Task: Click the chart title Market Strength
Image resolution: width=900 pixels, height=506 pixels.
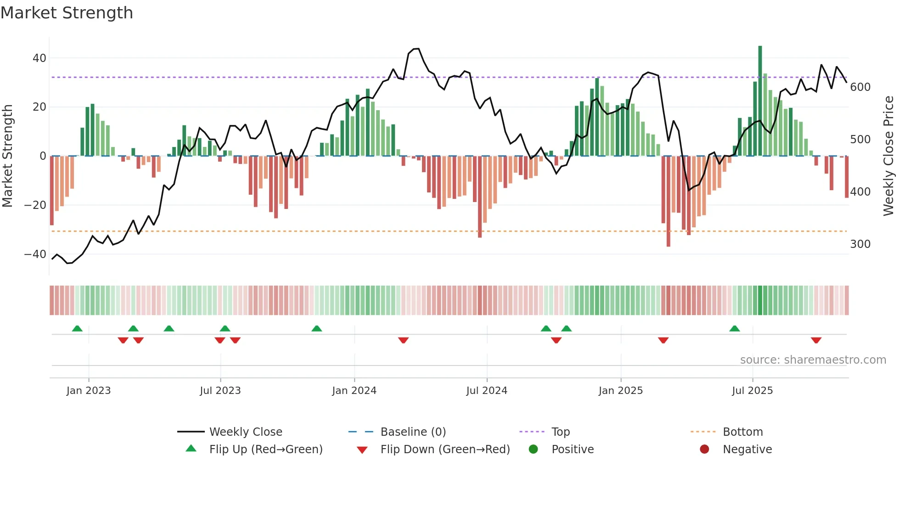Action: click(67, 13)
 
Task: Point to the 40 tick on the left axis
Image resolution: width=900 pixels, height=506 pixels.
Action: click(39, 58)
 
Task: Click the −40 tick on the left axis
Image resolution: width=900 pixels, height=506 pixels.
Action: click(35, 254)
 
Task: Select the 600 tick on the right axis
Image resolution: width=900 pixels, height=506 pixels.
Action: click(860, 87)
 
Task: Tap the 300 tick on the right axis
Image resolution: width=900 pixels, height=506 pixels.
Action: click(860, 244)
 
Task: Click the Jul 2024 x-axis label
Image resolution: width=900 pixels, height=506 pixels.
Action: click(487, 391)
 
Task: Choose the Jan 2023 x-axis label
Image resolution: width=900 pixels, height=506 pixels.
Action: click(89, 391)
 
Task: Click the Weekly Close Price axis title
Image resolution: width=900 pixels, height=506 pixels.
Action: click(889, 156)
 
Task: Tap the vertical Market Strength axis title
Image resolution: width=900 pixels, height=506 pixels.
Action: click(7, 156)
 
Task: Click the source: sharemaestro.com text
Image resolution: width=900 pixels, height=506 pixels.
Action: click(813, 360)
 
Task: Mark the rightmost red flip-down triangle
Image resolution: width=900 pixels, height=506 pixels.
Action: click(816, 340)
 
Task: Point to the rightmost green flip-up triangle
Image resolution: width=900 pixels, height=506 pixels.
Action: click(735, 328)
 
